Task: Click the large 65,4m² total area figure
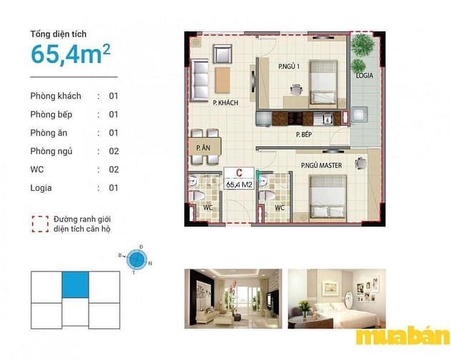[x=71, y=54]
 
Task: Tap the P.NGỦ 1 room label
[x=289, y=66]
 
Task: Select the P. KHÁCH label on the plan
[x=226, y=103]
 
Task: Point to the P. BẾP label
[x=304, y=134]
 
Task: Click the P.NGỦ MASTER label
[x=322, y=165]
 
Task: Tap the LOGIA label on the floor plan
[x=365, y=76]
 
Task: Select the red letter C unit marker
[x=239, y=173]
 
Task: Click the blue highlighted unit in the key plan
[x=75, y=285]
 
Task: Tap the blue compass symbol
[x=137, y=260]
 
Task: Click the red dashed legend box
[x=40, y=224]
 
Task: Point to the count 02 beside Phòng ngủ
[x=114, y=151]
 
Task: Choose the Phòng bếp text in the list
[x=51, y=114]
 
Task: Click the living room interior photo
[x=233, y=299]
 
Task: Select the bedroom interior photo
[x=337, y=299]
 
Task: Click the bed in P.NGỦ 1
[x=323, y=82]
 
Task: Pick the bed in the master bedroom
[x=328, y=196]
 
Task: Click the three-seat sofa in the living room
[x=199, y=80]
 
